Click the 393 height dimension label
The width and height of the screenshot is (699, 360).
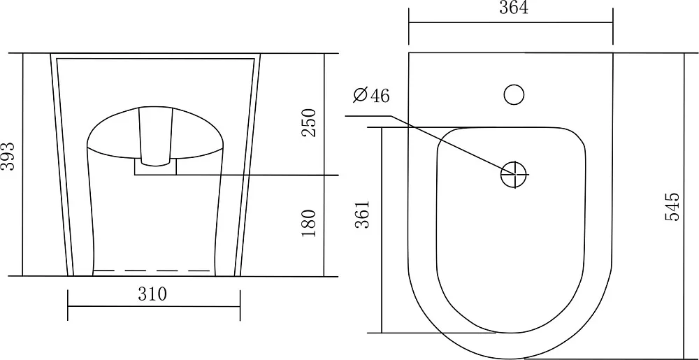pyautogui.click(x=8, y=157)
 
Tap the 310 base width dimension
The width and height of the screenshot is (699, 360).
pyautogui.click(x=152, y=294)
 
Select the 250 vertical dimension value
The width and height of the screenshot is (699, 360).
pyautogui.click(x=308, y=123)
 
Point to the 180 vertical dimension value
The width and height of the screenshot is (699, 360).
pyautogui.click(x=308, y=223)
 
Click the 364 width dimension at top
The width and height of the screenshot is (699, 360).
pyautogui.click(x=514, y=8)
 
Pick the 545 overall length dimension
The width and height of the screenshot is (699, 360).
pyautogui.click(x=672, y=206)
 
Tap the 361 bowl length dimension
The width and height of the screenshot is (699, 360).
pyautogui.click(x=362, y=215)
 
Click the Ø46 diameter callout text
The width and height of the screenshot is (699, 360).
pyautogui.click(x=371, y=95)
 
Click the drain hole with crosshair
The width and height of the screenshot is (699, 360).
pyautogui.click(x=514, y=174)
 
